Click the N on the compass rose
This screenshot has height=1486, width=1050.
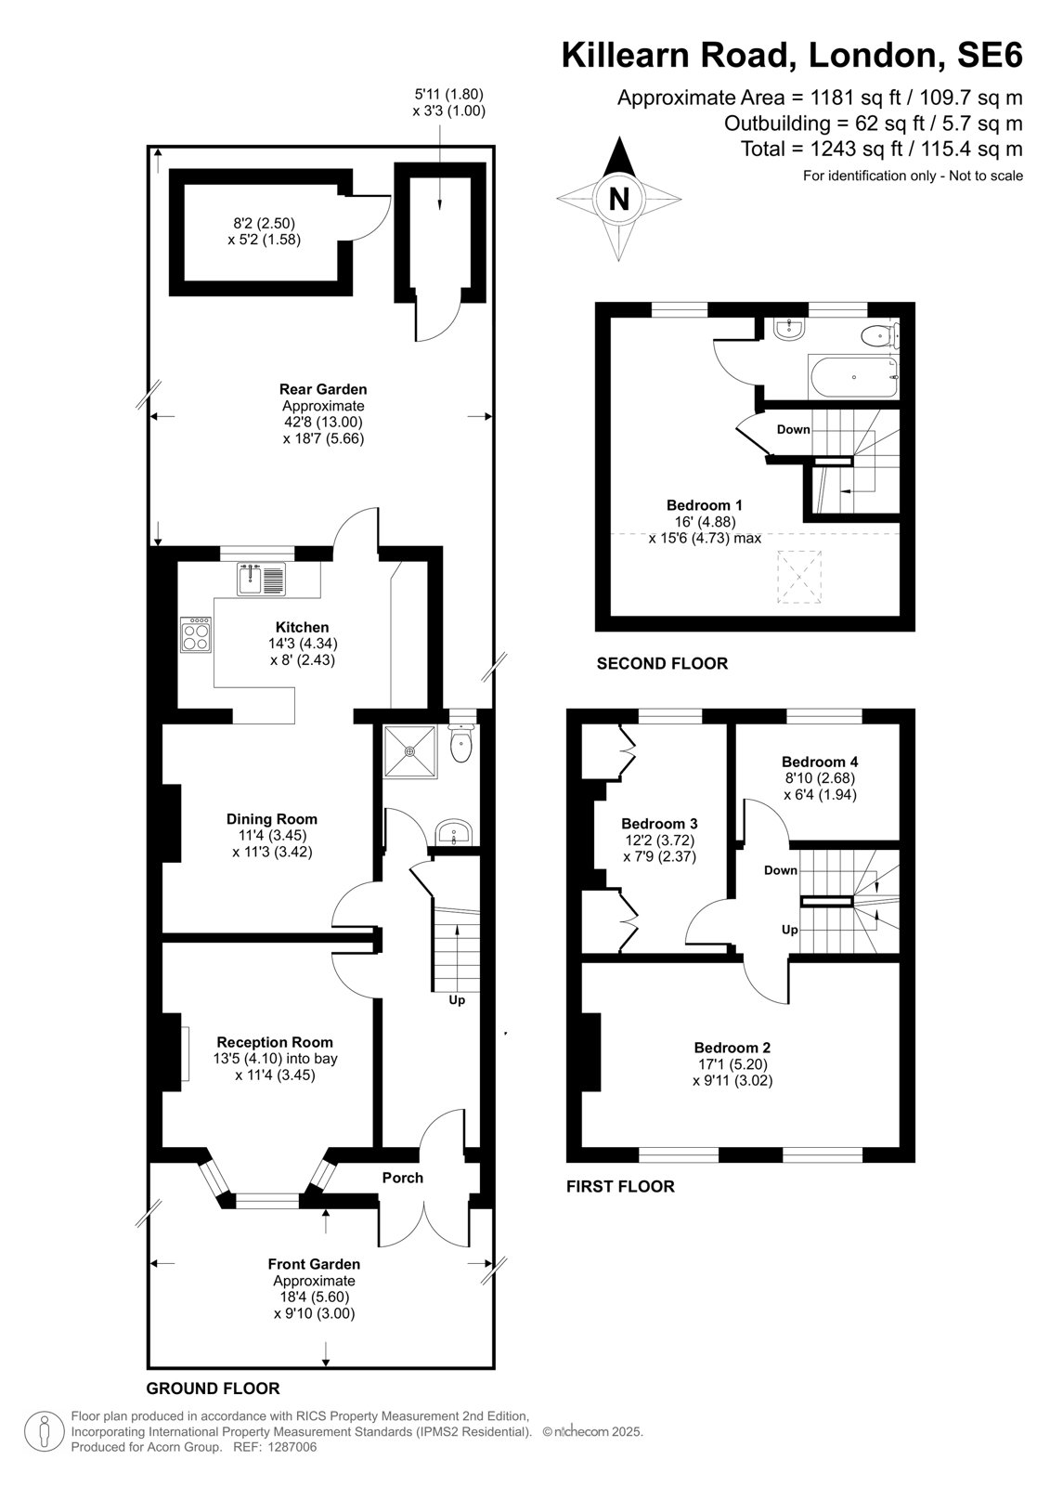[619, 199]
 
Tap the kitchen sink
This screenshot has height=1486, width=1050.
[262, 579]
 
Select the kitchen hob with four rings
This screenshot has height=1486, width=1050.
[196, 635]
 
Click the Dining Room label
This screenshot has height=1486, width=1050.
[272, 818]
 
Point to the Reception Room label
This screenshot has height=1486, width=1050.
[275, 1042]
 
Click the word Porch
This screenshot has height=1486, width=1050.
[403, 1178]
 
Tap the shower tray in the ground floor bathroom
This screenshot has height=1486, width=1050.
[410, 751]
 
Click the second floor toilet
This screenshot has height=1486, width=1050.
[879, 335]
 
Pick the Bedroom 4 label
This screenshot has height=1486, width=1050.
[820, 762]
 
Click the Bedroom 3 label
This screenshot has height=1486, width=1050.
[659, 823]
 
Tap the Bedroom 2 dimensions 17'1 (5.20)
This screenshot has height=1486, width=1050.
[732, 1064]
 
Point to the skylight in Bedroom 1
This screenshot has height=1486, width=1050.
[799, 577]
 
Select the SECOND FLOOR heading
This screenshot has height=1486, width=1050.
[662, 663]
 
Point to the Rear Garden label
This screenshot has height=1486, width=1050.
[323, 389]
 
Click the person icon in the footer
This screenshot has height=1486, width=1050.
[44, 1431]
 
